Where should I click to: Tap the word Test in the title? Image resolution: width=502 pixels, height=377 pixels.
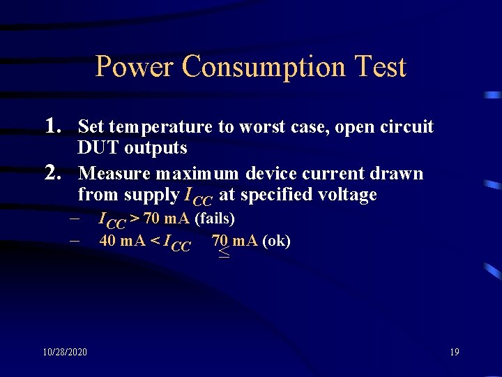[380, 67]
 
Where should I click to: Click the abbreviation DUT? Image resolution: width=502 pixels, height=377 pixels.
[93, 148]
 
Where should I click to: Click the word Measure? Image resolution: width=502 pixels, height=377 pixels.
[112, 173]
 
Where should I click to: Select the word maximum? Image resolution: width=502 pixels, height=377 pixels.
[199, 174]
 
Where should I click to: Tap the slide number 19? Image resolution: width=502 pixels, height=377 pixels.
[454, 352]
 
